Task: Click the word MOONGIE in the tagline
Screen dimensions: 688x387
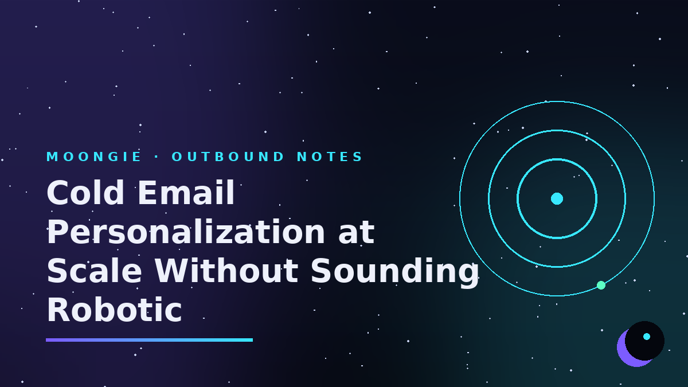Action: [93, 157]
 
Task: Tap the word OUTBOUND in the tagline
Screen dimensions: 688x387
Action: [228, 157]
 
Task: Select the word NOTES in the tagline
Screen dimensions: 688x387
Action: [330, 157]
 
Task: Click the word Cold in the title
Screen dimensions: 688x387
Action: [85, 193]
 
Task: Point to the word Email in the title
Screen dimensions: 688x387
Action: [186, 193]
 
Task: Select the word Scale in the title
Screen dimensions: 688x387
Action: [94, 271]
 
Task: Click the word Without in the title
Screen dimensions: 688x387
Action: [226, 271]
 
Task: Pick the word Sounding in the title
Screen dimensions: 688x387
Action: [395, 272]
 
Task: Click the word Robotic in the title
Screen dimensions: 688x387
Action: [114, 310]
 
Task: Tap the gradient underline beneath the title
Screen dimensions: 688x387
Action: [149, 340]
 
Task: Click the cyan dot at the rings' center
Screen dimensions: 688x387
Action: [557, 199]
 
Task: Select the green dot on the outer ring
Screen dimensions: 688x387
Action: [601, 286]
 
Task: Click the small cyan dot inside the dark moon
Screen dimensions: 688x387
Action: [647, 337]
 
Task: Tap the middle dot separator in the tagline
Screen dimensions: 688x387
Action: [157, 157]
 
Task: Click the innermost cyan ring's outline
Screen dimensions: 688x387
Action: [557, 159]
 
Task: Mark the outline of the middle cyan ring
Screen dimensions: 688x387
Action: [557, 131]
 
